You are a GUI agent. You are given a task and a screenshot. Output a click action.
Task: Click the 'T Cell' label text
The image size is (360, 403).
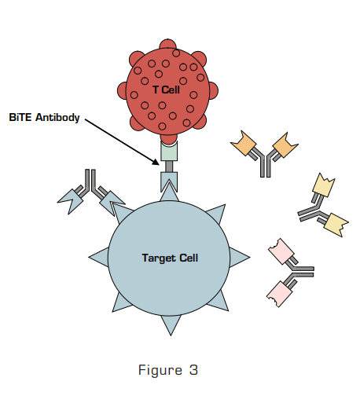(166, 90)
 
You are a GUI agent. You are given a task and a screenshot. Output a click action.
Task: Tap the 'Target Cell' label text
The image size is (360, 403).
(170, 257)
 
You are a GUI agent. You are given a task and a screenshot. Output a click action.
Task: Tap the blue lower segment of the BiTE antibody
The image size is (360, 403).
(169, 181)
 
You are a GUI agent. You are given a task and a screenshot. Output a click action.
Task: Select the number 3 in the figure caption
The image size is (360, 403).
(193, 370)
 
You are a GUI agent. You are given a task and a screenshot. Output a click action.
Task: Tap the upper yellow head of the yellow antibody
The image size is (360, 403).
(324, 185)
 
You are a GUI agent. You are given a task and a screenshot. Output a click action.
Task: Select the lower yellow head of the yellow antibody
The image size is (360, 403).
(335, 223)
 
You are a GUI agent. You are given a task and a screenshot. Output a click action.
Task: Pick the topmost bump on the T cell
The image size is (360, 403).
(167, 45)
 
